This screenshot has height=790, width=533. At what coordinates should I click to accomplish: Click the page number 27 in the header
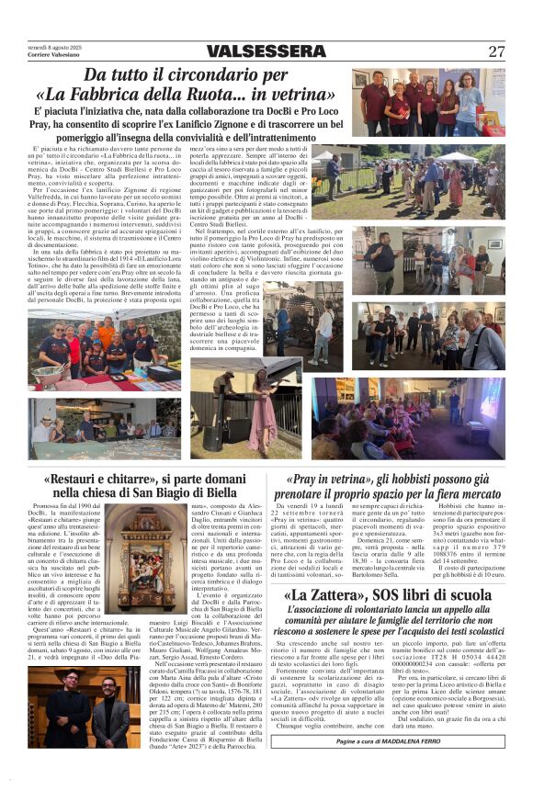pos(496,52)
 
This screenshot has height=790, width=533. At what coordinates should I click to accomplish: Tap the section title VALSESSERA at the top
pos(266,52)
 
